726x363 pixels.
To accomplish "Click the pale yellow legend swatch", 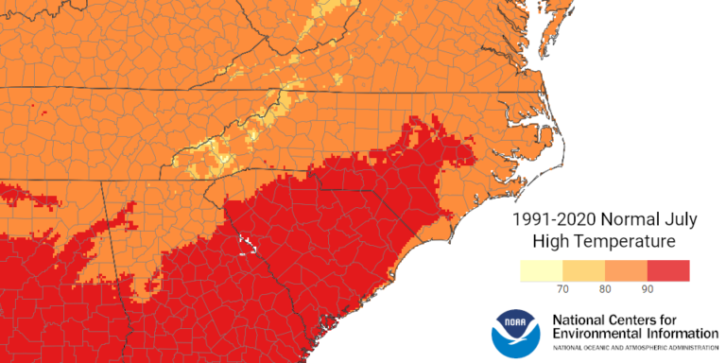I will (542, 270).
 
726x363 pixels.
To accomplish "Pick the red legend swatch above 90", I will (668, 270).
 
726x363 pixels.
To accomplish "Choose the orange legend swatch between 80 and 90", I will (626, 270).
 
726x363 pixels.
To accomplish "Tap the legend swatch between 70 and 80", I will (583, 270).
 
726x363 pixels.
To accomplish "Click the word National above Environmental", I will (582, 319).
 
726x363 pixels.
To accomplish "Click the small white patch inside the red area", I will (250, 245).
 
